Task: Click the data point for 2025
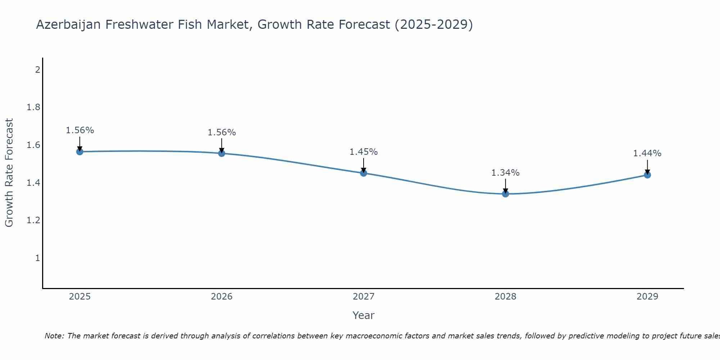(80, 152)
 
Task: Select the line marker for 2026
(222, 153)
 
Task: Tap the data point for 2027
(364, 173)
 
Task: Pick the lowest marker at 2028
(505, 194)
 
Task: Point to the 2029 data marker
(647, 175)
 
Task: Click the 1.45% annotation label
(364, 152)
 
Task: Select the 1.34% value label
(505, 173)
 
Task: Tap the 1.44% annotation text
(647, 153)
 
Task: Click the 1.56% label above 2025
(80, 130)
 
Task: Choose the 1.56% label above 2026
(222, 132)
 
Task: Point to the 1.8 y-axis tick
(33, 107)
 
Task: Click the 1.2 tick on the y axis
(33, 220)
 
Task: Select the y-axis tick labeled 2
(37, 69)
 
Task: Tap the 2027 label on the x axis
(364, 297)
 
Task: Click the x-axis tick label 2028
(505, 297)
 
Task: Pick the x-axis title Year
(364, 315)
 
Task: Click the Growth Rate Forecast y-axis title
(9, 173)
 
